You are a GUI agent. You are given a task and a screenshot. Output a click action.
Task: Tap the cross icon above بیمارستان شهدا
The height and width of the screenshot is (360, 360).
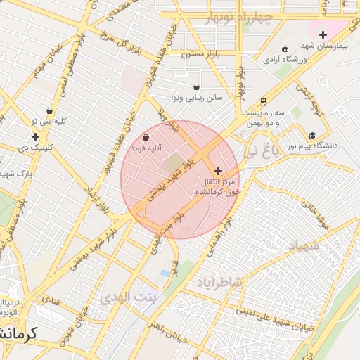coord(323,34)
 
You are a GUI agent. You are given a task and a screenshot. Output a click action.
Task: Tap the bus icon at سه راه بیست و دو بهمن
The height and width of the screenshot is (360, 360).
coord(263,101)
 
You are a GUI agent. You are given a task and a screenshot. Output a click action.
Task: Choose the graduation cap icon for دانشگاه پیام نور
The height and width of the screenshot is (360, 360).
coord(311,135)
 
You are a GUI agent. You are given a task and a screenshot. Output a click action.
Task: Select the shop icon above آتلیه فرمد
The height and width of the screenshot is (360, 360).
coord(146,138)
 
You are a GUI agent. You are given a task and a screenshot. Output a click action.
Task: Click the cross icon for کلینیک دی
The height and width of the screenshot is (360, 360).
coord(34,136)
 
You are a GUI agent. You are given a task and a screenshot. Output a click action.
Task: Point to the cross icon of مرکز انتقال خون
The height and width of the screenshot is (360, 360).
coord(218,171)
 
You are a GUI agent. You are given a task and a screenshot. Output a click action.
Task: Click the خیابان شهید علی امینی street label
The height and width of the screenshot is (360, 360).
coord(271,310)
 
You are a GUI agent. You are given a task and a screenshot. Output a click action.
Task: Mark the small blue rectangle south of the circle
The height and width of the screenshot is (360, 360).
coord(165,272)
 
